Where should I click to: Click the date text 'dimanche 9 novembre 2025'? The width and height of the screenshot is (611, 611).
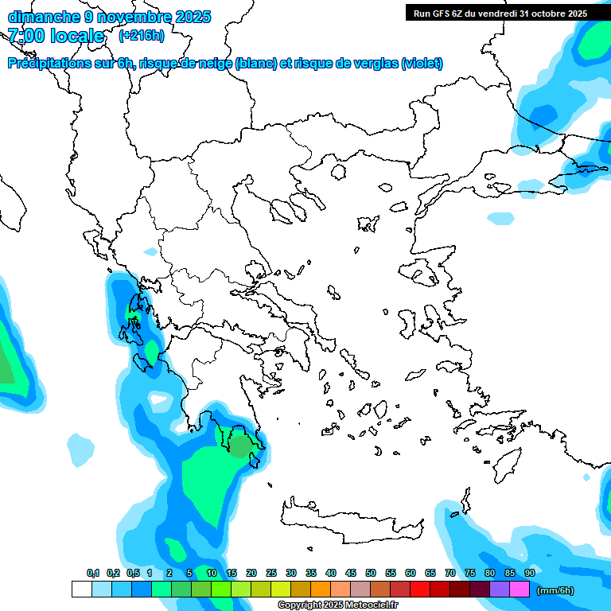pyautogui.click(x=109, y=17)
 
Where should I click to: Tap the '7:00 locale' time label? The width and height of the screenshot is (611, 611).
pyautogui.click(x=56, y=36)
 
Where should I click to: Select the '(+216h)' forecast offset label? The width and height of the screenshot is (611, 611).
pyautogui.click(x=141, y=36)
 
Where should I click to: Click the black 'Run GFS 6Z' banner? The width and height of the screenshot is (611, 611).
pyautogui.click(x=500, y=13)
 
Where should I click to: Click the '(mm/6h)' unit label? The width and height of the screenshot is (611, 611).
pyautogui.click(x=555, y=590)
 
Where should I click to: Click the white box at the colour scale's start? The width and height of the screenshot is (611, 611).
pyautogui.click(x=81, y=590)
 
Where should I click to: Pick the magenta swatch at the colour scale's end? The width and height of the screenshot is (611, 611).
pyautogui.click(x=520, y=590)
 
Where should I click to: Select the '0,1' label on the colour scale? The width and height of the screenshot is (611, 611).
pyautogui.click(x=93, y=573)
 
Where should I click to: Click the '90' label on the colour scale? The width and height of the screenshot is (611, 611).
pyautogui.click(x=529, y=573)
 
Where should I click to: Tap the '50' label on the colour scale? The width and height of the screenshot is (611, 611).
pyautogui.click(x=371, y=573)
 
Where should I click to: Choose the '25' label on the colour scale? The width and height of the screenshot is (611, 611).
pyautogui.click(x=271, y=573)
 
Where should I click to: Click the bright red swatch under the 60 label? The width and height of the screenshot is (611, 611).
pyautogui.click(x=420, y=590)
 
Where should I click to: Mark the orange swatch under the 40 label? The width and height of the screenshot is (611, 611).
pyautogui.click(x=321, y=590)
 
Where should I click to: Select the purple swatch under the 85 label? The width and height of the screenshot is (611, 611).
pyautogui.click(x=500, y=590)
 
